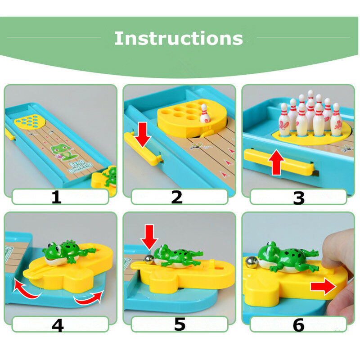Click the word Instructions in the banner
pyautogui.click(x=179, y=39)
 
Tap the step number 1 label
pyautogui.click(x=56, y=197)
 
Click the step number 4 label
pyautogui.click(x=57, y=324)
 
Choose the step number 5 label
pyautogui.click(x=180, y=324)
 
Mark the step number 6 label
pyautogui.click(x=299, y=324)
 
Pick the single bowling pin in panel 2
pyautogui.click(x=205, y=114)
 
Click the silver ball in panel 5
pyautogui.click(x=148, y=259)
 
